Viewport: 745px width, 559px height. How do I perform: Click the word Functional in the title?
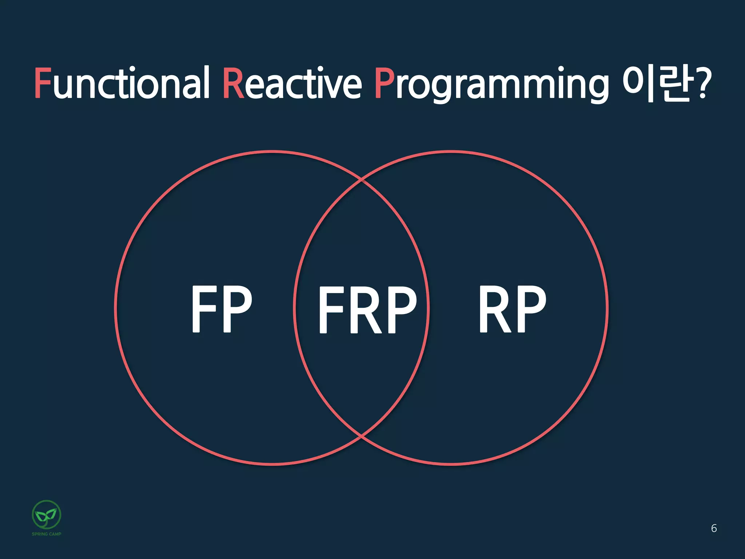[122, 83]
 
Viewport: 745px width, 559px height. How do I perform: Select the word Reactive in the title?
[292, 83]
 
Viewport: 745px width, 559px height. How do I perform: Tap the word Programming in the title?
[491, 84]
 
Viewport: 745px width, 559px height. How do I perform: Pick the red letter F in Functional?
[42, 83]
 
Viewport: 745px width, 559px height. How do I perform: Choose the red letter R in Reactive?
[233, 83]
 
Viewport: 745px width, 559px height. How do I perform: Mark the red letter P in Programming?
[384, 83]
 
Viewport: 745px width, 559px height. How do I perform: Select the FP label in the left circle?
[222, 309]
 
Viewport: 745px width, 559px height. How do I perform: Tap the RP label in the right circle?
[512, 309]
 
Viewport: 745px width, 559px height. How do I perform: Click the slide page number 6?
[714, 528]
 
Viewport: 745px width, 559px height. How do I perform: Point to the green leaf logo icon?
[47, 514]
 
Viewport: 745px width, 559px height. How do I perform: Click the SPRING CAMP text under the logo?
[47, 534]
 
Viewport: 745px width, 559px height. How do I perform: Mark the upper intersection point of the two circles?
[362, 179]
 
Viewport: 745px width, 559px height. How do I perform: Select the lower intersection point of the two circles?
[362, 435]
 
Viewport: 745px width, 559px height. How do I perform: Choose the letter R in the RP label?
[495, 309]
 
